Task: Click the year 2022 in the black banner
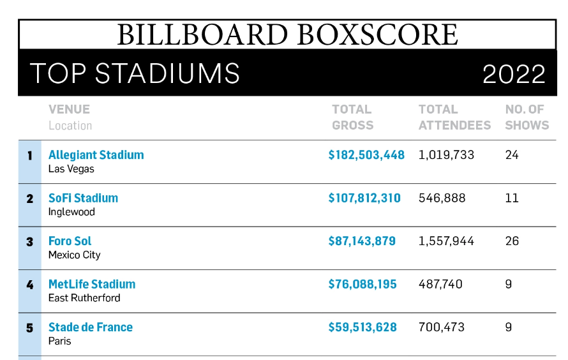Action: (x=514, y=74)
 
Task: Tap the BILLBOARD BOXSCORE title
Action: (x=287, y=34)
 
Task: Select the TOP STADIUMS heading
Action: (x=135, y=74)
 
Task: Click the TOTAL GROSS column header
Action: (x=352, y=117)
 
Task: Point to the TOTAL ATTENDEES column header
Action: (x=454, y=117)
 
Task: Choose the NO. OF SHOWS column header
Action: (x=527, y=117)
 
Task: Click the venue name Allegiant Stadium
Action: (x=96, y=155)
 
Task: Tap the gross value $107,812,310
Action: (x=364, y=198)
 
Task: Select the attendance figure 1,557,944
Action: (x=447, y=241)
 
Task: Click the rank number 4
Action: (x=29, y=285)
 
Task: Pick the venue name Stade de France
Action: (x=91, y=327)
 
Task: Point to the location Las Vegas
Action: (x=71, y=169)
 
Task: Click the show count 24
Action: (x=512, y=155)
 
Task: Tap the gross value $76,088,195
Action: (x=362, y=284)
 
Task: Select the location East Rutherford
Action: (x=84, y=298)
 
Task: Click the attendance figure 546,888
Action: (x=442, y=198)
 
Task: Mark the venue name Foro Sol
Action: (x=70, y=241)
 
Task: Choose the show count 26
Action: (x=512, y=241)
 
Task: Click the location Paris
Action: (x=60, y=341)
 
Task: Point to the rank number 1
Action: (x=29, y=155)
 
